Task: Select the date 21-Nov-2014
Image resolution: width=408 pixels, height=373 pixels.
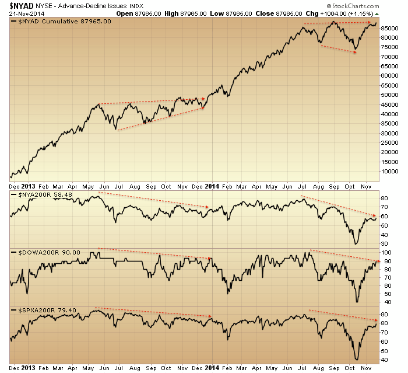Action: (x=22, y=13)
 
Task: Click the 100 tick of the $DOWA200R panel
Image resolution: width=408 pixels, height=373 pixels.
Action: (x=386, y=252)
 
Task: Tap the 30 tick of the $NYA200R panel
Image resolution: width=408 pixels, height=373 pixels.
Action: (x=384, y=243)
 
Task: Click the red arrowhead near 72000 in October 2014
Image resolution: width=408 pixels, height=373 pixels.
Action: (x=354, y=53)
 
